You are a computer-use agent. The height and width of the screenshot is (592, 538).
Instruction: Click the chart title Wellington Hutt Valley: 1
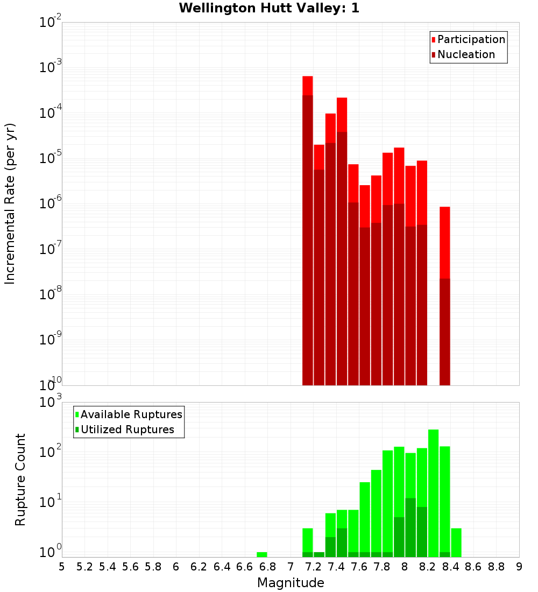click(269, 8)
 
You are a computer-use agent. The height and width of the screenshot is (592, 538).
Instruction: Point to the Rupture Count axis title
click(20, 479)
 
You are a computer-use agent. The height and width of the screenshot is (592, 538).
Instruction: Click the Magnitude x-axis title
click(291, 583)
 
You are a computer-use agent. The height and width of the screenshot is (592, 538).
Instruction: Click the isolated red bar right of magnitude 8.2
click(444, 296)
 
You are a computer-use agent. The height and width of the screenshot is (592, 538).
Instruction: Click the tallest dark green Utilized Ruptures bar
click(410, 527)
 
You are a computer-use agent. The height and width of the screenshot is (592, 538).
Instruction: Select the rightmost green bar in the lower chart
click(456, 542)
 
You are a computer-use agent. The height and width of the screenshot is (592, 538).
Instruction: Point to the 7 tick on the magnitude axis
click(291, 567)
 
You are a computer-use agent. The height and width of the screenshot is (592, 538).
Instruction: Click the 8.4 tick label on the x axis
click(450, 567)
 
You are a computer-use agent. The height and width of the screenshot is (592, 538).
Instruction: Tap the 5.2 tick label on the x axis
click(84, 567)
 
